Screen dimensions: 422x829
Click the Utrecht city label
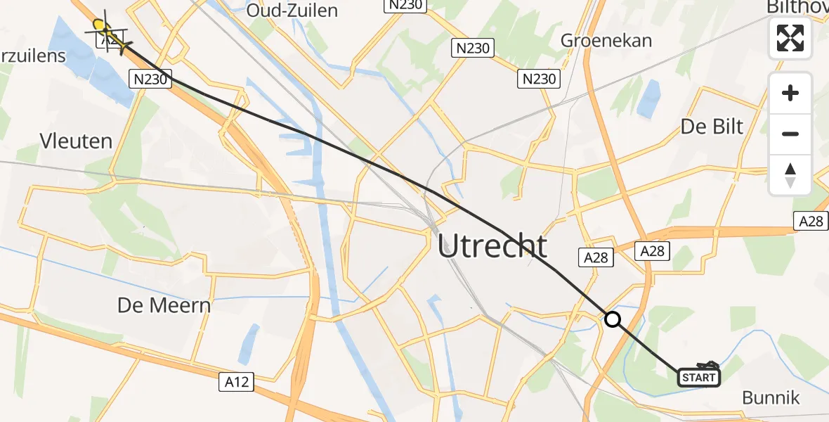(x=492, y=246)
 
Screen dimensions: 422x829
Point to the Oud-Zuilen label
(x=292, y=11)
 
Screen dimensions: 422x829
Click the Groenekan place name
(x=606, y=40)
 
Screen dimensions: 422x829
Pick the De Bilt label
(x=712, y=126)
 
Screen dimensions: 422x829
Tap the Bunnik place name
(x=771, y=397)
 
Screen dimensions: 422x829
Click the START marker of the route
(x=699, y=378)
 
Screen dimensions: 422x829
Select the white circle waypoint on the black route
(x=613, y=320)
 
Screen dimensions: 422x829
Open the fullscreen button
(x=790, y=37)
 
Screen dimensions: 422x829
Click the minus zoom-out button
(x=790, y=134)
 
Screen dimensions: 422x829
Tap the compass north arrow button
(x=790, y=174)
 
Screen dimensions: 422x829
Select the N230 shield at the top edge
(x=405, y=5)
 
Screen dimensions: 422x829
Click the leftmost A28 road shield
(x=596, y=257)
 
